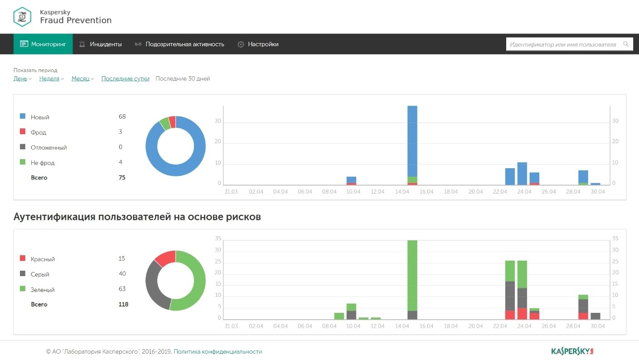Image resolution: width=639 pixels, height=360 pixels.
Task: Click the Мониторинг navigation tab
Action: coord(43,44)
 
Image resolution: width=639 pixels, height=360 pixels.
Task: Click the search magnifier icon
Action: coord(626,44)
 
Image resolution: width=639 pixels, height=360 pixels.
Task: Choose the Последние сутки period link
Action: coord(125,79)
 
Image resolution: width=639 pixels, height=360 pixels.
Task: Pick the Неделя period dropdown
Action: coord(49,79)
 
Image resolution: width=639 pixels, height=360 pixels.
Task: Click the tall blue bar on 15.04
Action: coord(412,141)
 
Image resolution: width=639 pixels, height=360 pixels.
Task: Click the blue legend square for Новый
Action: coord(23,117)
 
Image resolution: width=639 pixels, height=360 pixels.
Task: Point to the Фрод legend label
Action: coord(39,132)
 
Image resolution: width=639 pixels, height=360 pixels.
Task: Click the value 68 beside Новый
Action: coord(122,117)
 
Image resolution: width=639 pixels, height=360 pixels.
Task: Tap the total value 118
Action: coord(123,304)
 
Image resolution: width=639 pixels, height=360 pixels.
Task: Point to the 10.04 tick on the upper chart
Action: coord(353,192)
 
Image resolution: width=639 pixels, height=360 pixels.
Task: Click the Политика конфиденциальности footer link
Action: coord(218,352)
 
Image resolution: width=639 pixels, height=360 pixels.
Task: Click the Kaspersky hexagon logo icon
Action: coord(22,17)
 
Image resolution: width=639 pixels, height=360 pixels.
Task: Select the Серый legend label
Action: coord(40,274)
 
